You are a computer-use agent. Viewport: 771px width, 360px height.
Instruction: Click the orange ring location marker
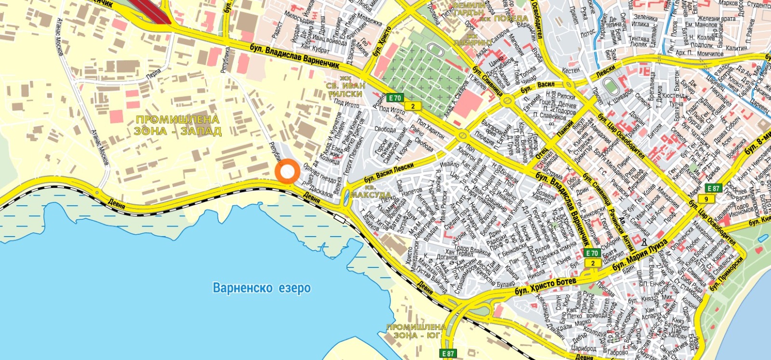point(288,171)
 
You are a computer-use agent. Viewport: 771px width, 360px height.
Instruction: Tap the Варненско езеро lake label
point(262,288)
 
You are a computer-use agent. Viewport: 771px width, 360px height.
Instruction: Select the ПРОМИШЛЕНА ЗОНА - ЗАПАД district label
point(178,125)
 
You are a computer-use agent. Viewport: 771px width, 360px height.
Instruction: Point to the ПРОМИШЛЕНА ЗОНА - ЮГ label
point(416,331)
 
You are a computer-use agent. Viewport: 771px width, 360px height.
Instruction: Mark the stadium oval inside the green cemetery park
point(432,50)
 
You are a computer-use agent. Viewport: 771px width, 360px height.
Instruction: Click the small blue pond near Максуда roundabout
point(347,196)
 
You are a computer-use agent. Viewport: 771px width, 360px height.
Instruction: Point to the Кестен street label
point(571,70)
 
